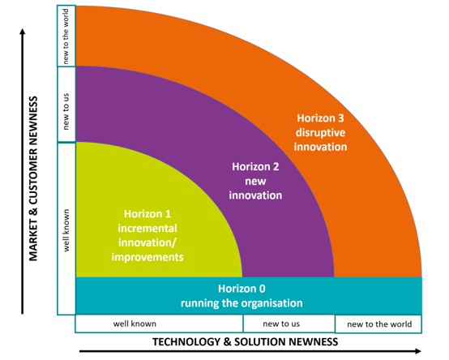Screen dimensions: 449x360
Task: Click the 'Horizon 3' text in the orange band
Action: click(x=320, y=118)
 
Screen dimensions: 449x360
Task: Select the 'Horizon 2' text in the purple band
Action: click(x=255, y=167)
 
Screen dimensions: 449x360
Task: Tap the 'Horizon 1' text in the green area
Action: click(x=148, y=214)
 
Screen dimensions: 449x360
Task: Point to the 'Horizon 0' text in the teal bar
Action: click(x=242, y=289)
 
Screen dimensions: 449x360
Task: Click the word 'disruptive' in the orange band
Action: click(x=320, y=133)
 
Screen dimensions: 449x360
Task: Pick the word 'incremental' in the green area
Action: click(x=148, y=229)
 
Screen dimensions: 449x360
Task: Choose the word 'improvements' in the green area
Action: click(x=148, y=257)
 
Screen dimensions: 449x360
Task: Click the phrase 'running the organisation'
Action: click(x=242, y=303)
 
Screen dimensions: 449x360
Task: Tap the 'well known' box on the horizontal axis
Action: click(x=159, y=324)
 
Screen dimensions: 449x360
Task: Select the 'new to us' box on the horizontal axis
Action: click(x=289, y=324)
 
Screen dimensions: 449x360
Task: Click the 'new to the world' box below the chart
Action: click(x=378, y=324)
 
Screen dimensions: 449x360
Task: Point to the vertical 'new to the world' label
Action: click(x=66, y=36)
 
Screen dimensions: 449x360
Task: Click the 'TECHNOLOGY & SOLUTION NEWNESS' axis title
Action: click(x=245, y=342)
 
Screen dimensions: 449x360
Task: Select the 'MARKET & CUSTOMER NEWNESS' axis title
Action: click(x=33, y=178)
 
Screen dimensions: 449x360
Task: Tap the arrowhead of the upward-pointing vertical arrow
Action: click(x=23, y=31)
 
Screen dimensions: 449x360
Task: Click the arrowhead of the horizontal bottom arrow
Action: click(x=418, y=351)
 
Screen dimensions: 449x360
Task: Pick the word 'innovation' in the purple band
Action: click(x=255, y=195)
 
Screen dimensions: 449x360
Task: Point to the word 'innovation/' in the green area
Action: click(x=148, y=243)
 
